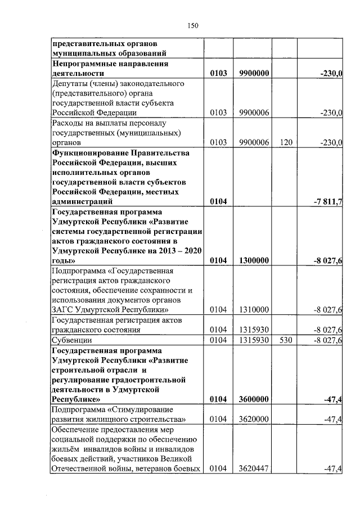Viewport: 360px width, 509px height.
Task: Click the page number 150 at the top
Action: [x=193, y=25]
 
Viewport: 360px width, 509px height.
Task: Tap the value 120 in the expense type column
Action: [x=286, y=143]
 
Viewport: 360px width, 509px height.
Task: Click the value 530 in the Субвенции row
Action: [x=286, y=340]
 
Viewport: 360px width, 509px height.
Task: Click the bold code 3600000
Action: [x=253, y=399]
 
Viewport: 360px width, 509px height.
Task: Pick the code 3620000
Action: [x=253, y=419]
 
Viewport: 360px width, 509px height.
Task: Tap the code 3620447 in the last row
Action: [x=253, y=469]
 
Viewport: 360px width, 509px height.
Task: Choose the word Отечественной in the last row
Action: [x=79, y=469]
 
